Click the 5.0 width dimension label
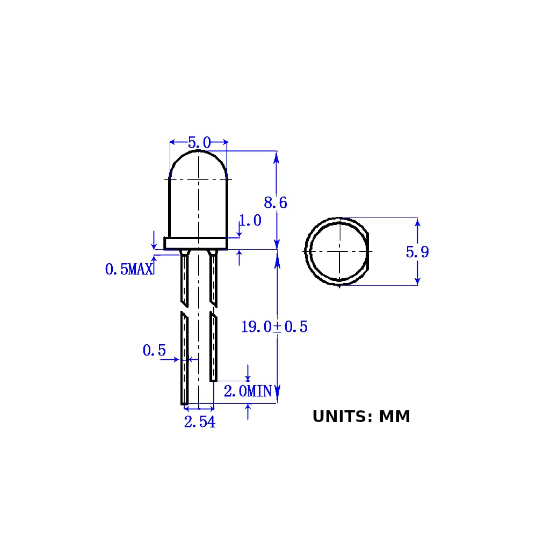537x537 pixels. click(199, 142)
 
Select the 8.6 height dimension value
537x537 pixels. click(275, 203)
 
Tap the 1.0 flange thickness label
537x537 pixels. click(250, 220)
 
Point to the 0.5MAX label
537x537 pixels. click(129, 269)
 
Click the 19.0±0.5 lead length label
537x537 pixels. click(274, 326)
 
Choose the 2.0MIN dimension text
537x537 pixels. click(248, 391)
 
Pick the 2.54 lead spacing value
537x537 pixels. click(200, 422)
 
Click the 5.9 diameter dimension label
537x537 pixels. click(417, 252)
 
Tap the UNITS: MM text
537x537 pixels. click(361, 417)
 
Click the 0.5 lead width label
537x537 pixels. click(154, 350)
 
